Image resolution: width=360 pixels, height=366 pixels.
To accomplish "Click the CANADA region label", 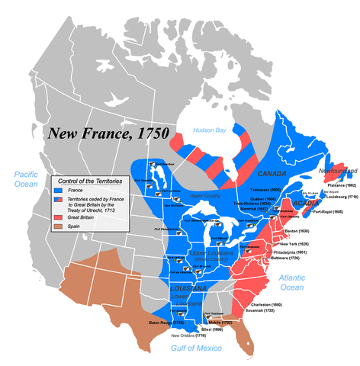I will pyautogui.click(x=272, y=174).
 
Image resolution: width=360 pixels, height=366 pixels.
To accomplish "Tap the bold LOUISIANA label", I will pyautogui.click(x=188, y=289).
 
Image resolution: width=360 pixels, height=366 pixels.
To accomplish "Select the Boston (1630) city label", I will pyautogui.click(x=297, y=230).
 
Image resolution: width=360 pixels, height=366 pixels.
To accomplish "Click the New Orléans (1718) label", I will pyautogui.click(x=188, y=335).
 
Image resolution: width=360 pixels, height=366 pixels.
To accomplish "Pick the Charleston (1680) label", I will pyautogui.click(x=265, y=304).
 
